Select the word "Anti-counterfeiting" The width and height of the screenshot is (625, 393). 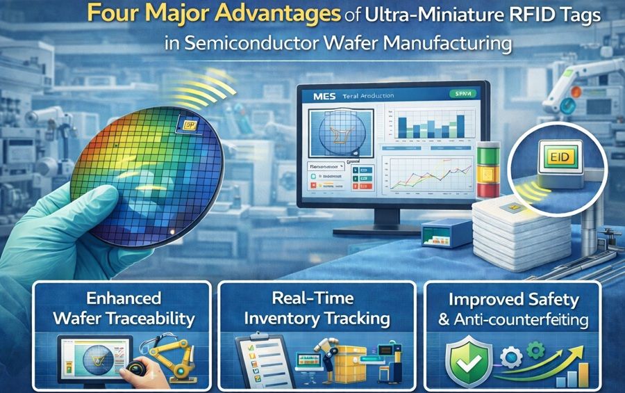tap(531, 320)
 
